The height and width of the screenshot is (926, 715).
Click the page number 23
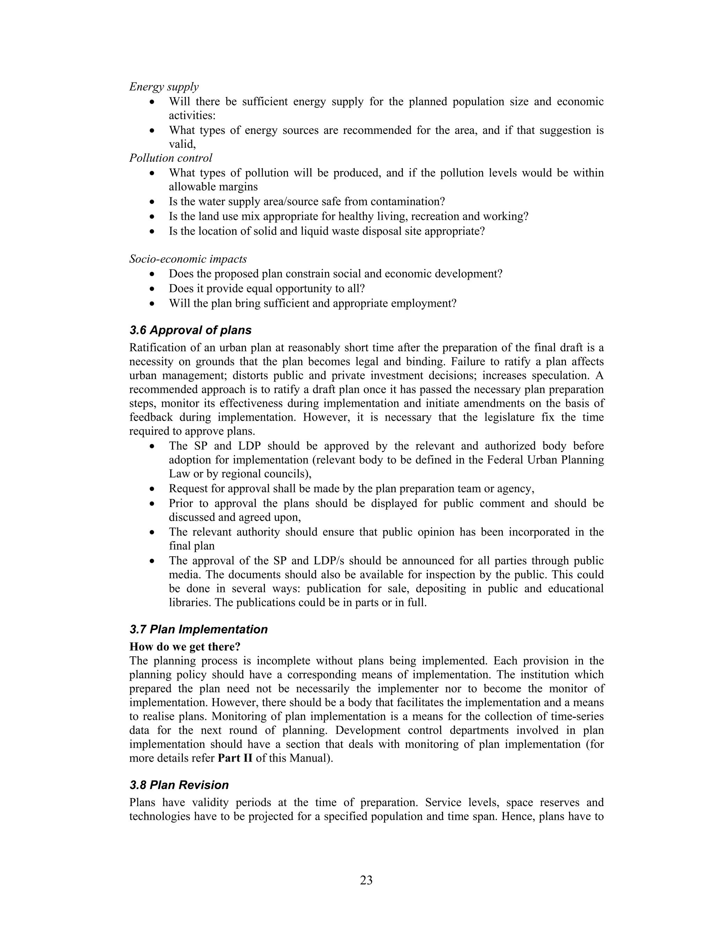tap(366, 880)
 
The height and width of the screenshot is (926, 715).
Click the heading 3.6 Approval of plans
tap(190, 330)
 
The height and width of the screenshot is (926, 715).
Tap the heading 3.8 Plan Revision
tap(179, 785)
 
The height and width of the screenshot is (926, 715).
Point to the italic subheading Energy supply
tap(163, 87)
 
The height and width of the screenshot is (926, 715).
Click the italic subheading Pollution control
tap(170, 158)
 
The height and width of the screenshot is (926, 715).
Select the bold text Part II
tap(235, 758)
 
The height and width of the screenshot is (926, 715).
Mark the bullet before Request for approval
tap(153, 489)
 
